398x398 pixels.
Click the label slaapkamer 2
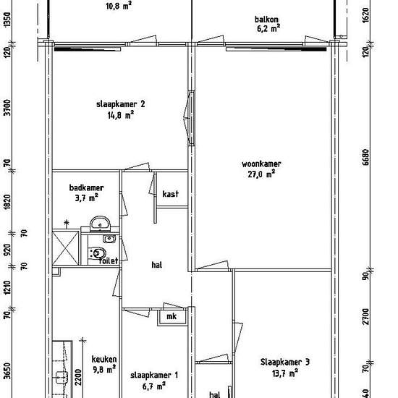coord(121,104)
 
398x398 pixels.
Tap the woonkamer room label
coord(261,164)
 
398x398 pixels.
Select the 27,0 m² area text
coord(261,174)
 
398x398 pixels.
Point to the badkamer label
coord(86,188)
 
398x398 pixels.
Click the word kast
coord(170,194)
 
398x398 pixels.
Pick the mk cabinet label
coord(172,316)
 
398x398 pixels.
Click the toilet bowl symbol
coord(98,253)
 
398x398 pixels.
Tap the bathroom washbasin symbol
coord(101,224)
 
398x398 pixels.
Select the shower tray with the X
coord(65,248)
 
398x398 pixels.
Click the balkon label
coord(266,20)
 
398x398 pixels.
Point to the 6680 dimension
coord(365,157)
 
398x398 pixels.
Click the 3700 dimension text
coord(8,107)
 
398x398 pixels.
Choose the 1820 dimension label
coord(8,202)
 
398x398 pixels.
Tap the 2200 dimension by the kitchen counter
coord(78,377)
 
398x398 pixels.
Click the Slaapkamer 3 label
coord(285,363)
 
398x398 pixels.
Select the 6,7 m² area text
coord(154,386)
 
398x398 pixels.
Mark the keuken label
coord(104,360)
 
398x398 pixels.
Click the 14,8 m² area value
coord(121,116)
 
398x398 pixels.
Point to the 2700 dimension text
coord(365,316)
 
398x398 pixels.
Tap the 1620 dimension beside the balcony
coord(365,15)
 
